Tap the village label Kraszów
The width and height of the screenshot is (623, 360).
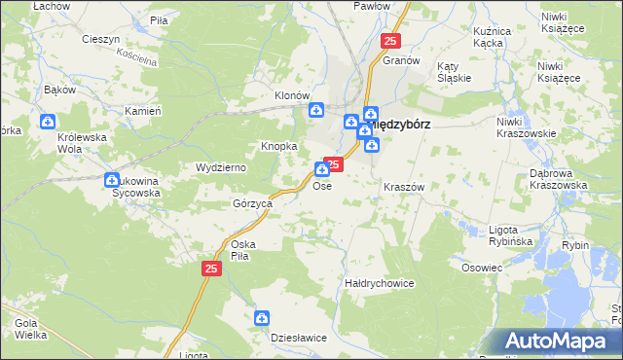(404, 186)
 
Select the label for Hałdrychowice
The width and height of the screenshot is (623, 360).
(380, 283)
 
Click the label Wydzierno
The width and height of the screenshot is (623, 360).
(221, 167)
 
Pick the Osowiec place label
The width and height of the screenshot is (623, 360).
(482, 268)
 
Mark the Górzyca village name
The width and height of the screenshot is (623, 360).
(251, 204)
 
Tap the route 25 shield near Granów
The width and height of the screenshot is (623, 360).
(390, 41)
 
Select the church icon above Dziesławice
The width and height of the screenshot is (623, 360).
(262, 317)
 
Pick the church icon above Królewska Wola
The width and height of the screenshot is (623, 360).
(48, 122)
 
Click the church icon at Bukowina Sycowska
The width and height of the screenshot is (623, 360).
(112, 179)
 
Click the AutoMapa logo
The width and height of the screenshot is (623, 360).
(560, 341)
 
